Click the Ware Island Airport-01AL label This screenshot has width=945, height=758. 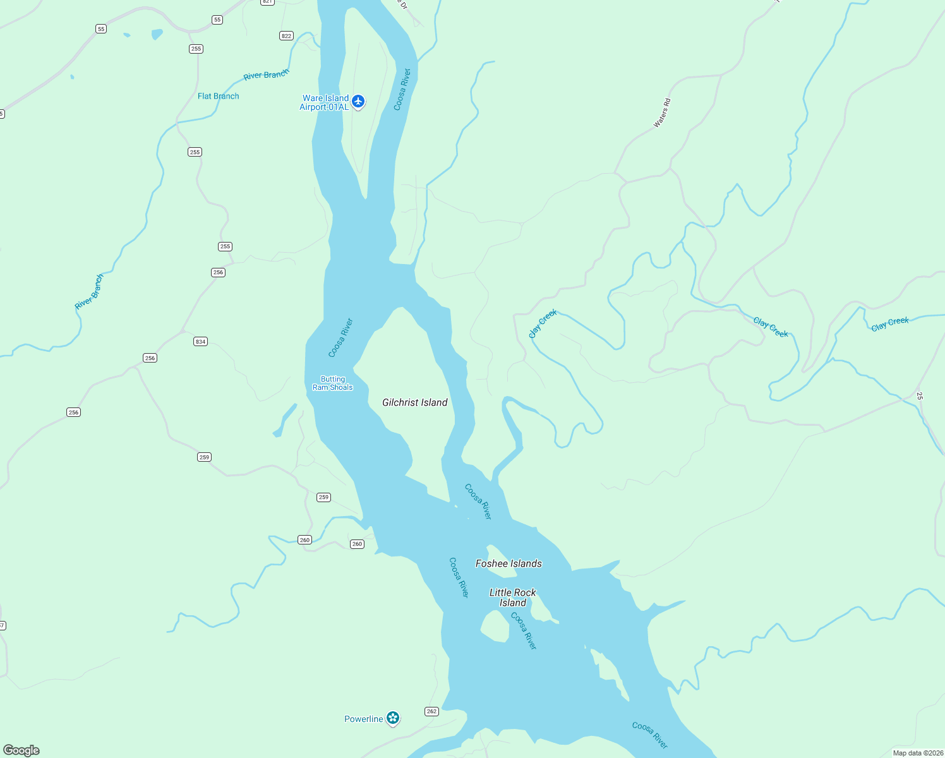click(325, 102)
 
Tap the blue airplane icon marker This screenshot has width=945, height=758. click(359, 101)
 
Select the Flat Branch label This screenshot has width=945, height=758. click(218, 96)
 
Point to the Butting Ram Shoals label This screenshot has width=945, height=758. click(332, 383)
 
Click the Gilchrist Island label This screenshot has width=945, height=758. click(414, 402)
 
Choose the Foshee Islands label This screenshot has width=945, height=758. click(509, 563)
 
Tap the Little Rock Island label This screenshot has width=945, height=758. click(512, 598)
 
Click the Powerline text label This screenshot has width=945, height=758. click(363, 719)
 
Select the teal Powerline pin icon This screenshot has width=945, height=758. click(393, 718)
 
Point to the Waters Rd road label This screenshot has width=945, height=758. click(661, 114)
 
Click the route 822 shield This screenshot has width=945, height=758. click(286, 36)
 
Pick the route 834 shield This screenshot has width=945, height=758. click(200, 342)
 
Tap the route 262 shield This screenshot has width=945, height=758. click(431, 711)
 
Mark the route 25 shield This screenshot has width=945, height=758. click(919, 396)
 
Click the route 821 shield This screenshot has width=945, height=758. click(267, 2)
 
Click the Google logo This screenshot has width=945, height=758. click(21, 750)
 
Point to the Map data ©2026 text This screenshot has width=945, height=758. click(918, 753)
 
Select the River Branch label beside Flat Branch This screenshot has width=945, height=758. click(266, 75)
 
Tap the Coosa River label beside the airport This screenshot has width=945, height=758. click(402, 90)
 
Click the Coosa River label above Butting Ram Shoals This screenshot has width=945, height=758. click(340, 338)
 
